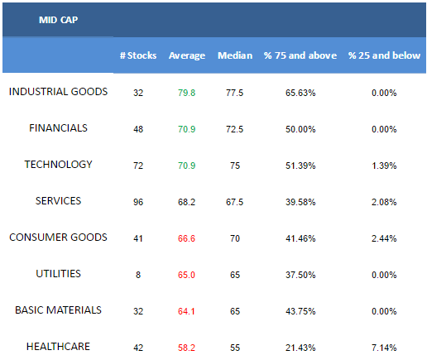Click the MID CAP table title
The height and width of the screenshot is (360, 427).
pyautogui.click(x=58, y=20)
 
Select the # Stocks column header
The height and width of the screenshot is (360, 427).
pyautogui.click(x=138, y=55)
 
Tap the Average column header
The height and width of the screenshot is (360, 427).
pyautogui.click(x=187, y=55)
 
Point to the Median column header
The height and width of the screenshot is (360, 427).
pyautogui.click(x=235, y=55)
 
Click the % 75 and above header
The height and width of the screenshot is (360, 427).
pyautogui.click(x=300, y=55)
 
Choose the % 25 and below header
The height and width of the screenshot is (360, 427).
pyautogui.click(x=384, y=55)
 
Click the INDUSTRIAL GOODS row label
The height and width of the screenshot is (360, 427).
pyautogui.click(x=58, y=92)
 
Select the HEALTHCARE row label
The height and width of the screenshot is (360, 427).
pyautogui.click(x=58, y=347)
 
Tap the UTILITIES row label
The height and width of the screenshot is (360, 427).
pyautogui.click(x=58, y=274)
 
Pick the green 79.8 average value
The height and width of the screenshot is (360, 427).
pyautogui.click(x=187, y=93)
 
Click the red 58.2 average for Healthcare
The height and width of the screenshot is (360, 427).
pyautogui.click(x=186, y=348)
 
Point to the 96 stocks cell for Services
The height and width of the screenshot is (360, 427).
pyautogui.click(x=138, y=202)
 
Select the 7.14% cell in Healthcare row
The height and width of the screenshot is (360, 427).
pyautogui.click(x=384, y=348)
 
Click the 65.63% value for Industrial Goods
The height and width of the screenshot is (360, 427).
pyautogui.click(x=300, y=93)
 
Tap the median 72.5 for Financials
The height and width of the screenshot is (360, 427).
pyautogui.click(x=235, y=129)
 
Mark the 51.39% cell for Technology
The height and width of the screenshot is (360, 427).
pyautogui.click(x=300, y=166)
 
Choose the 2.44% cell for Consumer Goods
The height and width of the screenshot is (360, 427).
pyautogui.click(x=384, y=238)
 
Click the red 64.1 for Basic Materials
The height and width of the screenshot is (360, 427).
pyautogui.click(x=186, y=311)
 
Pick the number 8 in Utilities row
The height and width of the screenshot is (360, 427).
pyautogui.click(x=138, y=275)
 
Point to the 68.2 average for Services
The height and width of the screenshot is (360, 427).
pyautogui.click(x=187, y=202)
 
